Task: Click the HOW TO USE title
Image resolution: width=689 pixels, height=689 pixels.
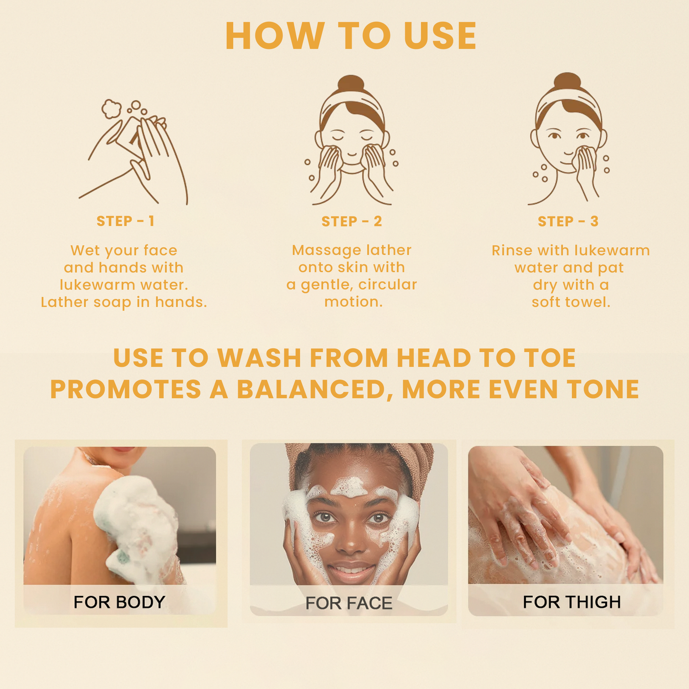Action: pyautogui.click(x=351, y=36)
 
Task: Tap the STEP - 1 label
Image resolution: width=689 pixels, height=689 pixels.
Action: pyautogui.click(x=125, y=221)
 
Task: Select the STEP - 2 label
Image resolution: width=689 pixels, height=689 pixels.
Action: pyautogui.click(x=351, y=222)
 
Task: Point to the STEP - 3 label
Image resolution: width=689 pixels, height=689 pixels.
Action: pyautogui.click(x=568, y=222)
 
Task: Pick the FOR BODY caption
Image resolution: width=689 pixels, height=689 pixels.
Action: pyautogui.click(x=119, y=602)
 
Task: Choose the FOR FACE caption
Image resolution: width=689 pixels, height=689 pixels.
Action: pyautogui.click(x=349, y=603)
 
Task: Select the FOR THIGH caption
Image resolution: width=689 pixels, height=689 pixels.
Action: pyautogui.click(x=572, y=602)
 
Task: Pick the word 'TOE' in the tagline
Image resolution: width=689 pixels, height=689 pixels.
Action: pyautogui.click(x=550, y=358)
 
